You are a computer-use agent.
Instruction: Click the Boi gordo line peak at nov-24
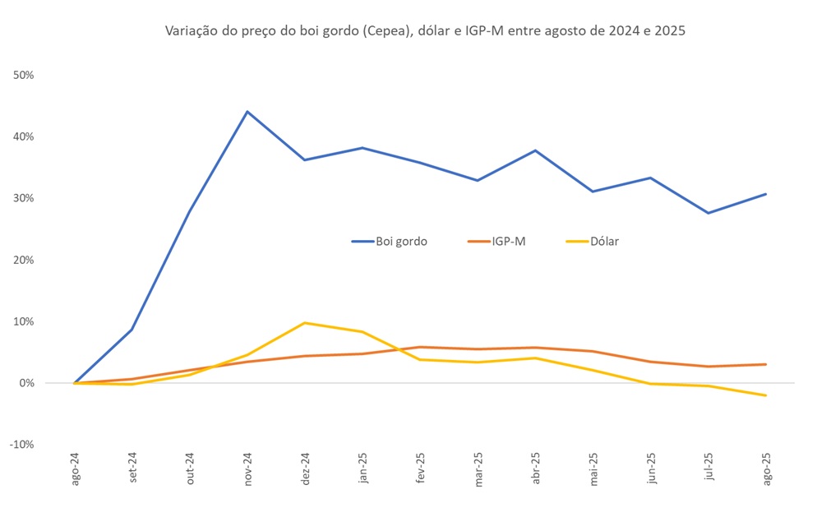click(x=247, y=112)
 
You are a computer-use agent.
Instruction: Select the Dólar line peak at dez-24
click(x=305, y=323)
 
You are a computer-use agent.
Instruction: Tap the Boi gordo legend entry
click(x=390, y=242)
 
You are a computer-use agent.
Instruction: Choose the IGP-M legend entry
click(x=496, y=242)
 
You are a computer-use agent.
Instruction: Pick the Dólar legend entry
click(x=593, y=242)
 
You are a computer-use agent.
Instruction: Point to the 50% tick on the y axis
click(x=23, y=75)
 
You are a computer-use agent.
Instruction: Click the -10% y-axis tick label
click(x=21, y=445)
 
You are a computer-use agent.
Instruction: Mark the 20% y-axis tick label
click(x=23, y=260)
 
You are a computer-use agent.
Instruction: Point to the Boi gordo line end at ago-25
click(x=765, y=194)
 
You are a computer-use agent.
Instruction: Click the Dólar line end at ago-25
click(x=765, y=395)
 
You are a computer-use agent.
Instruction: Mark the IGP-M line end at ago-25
click(x=765, y=364)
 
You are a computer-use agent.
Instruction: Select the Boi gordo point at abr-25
click(x=535, y=150)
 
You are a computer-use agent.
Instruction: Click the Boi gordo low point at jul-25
click(x=708, y=213)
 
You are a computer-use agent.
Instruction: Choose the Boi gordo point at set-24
click(x=132, y=330)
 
